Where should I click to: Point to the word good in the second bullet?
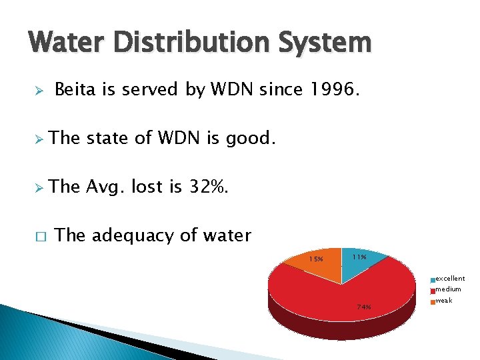251,138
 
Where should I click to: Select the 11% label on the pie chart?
359,257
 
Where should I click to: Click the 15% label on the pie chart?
316,259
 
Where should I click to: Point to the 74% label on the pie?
363,307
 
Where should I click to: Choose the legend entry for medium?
447,289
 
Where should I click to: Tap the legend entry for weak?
443,301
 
